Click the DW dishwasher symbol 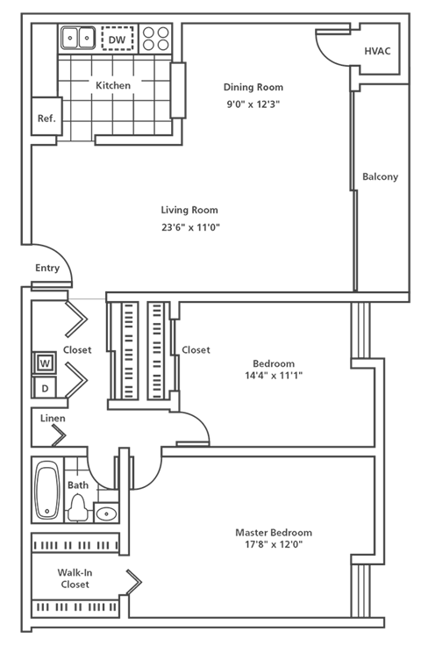[116, 39]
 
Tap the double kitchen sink [77, 38]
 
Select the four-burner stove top [156, 39]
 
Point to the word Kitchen [113, 86]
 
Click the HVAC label [378, 51]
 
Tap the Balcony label [380, 176]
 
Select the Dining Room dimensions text [253, 104]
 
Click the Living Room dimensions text [189, 226]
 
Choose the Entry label [47, 269]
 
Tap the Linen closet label [52, 418]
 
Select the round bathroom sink [106, 514]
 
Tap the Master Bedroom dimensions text [273, 544]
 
